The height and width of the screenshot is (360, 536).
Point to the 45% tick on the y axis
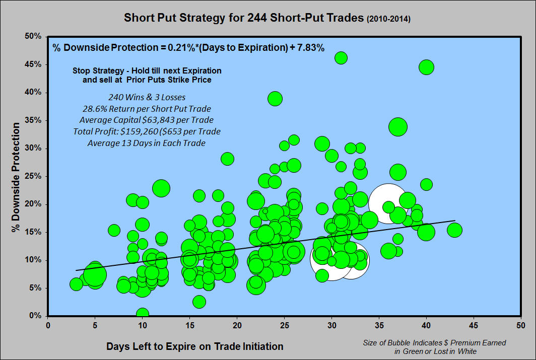(33, 64)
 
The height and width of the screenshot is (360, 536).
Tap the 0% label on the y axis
(35, 316)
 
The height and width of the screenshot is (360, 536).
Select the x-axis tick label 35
(379, 325)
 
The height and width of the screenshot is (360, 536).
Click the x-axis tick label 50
(520, 325)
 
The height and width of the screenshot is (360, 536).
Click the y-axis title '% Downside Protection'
(16, 177)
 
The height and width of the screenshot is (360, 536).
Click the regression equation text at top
(188, 47)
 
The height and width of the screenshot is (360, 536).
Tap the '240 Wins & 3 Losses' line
(147, 97)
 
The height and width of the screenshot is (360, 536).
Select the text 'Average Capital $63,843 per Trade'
(147, 120)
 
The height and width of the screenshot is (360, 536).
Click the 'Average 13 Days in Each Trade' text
(147, 143)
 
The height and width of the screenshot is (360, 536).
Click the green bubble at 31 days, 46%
(341, 58)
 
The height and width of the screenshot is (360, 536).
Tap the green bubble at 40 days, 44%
(426, 67)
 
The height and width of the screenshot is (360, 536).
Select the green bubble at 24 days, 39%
(275, 99)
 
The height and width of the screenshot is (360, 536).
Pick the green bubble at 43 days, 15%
(454, 230)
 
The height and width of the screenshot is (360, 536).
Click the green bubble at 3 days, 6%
(76, 284)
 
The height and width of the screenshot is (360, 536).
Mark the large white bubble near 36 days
(388, 203)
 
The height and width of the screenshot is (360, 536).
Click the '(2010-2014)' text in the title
(389, 19)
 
